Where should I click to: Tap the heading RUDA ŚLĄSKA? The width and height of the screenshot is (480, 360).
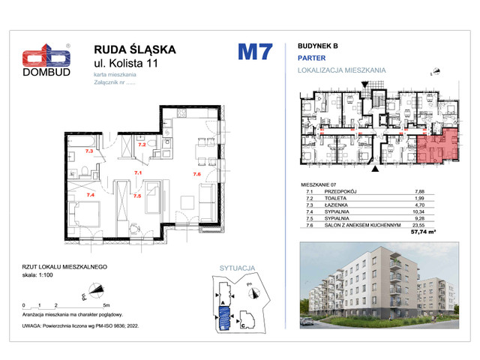(x=134, y=49)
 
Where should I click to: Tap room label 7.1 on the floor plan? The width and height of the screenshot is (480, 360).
(x=137, y=172)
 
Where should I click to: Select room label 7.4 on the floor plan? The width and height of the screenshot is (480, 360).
(x=91, y=195)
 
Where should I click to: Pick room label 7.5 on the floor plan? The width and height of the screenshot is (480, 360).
(x=136, y=196)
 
